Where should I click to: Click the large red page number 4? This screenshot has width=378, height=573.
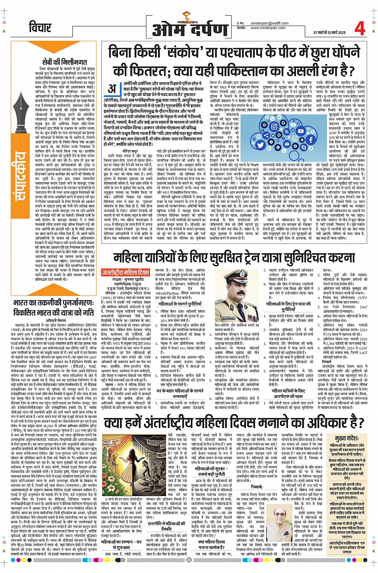click(x=360, y=28)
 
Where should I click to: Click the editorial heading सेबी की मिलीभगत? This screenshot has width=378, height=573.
click(x=64, y=62)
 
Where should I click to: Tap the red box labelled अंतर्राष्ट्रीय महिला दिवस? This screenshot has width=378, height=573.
click(x=125, y=272)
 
